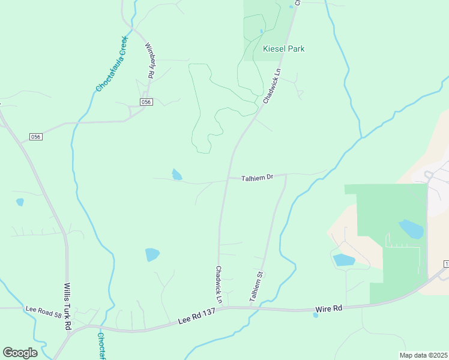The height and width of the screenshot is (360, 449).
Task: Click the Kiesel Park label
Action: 283,49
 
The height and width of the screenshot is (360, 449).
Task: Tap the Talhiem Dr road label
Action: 258,178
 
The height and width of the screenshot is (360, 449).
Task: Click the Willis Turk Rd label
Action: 67,306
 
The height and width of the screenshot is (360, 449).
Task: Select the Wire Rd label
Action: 330,308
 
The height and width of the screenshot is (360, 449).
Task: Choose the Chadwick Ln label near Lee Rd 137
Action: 219,284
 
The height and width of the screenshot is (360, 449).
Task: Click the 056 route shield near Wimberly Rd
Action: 147,102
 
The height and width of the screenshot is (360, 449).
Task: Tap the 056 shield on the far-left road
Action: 36,137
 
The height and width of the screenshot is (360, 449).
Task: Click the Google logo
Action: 20,353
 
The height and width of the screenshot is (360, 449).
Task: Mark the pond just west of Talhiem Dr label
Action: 176,175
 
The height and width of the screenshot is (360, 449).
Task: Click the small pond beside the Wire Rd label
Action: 316,315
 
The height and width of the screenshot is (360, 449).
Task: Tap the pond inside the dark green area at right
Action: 411,229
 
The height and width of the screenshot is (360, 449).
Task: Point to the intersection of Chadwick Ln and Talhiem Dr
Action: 228,179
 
